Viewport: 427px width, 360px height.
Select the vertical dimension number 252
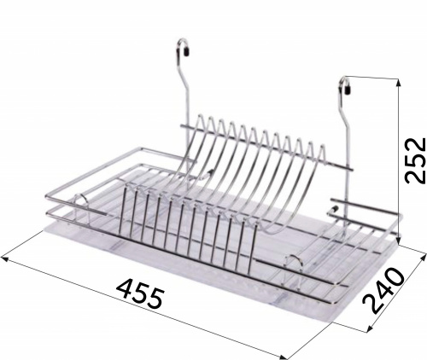[415, 160]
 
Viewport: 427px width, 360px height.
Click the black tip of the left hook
[187, 52]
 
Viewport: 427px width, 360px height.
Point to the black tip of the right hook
[348, 90]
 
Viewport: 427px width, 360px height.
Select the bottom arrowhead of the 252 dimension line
[399, 240]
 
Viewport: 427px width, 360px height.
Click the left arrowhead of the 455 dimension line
[6, 259]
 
